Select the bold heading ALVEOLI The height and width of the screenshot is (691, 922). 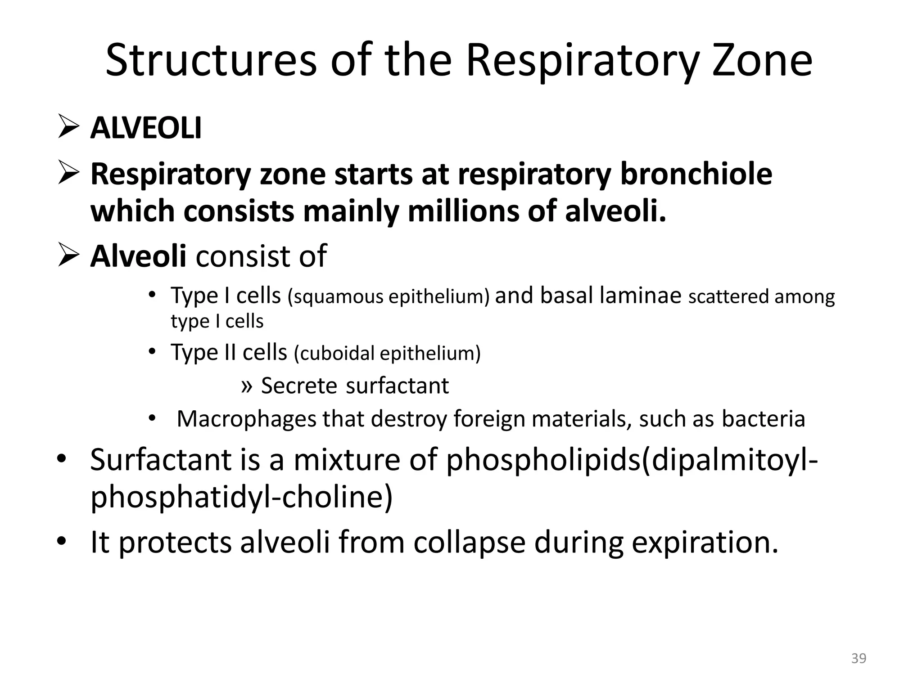coord(146,128)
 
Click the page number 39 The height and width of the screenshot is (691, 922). coord(859,659)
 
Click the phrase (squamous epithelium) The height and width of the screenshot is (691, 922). coord(389,297)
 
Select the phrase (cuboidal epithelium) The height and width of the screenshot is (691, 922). coord(387,353)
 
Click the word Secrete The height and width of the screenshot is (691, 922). coord(299,386)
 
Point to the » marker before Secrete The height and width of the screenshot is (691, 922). coord(246,386)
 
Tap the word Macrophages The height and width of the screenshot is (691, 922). coord(247,419)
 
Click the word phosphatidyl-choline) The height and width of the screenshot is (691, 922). coord(242,498)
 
